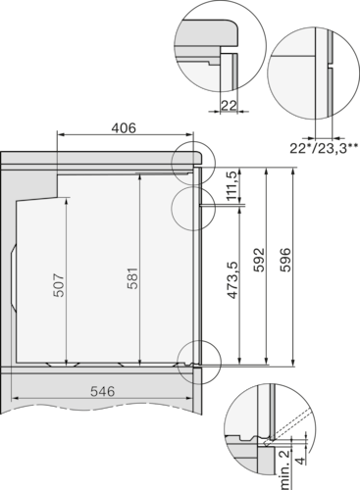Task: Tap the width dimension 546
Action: click(x=104, y=390)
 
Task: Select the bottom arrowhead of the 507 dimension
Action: click(x=67, y=363)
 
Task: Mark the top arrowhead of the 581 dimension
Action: click(x=141, y=172)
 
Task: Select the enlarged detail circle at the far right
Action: click(x=310, y=78)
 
